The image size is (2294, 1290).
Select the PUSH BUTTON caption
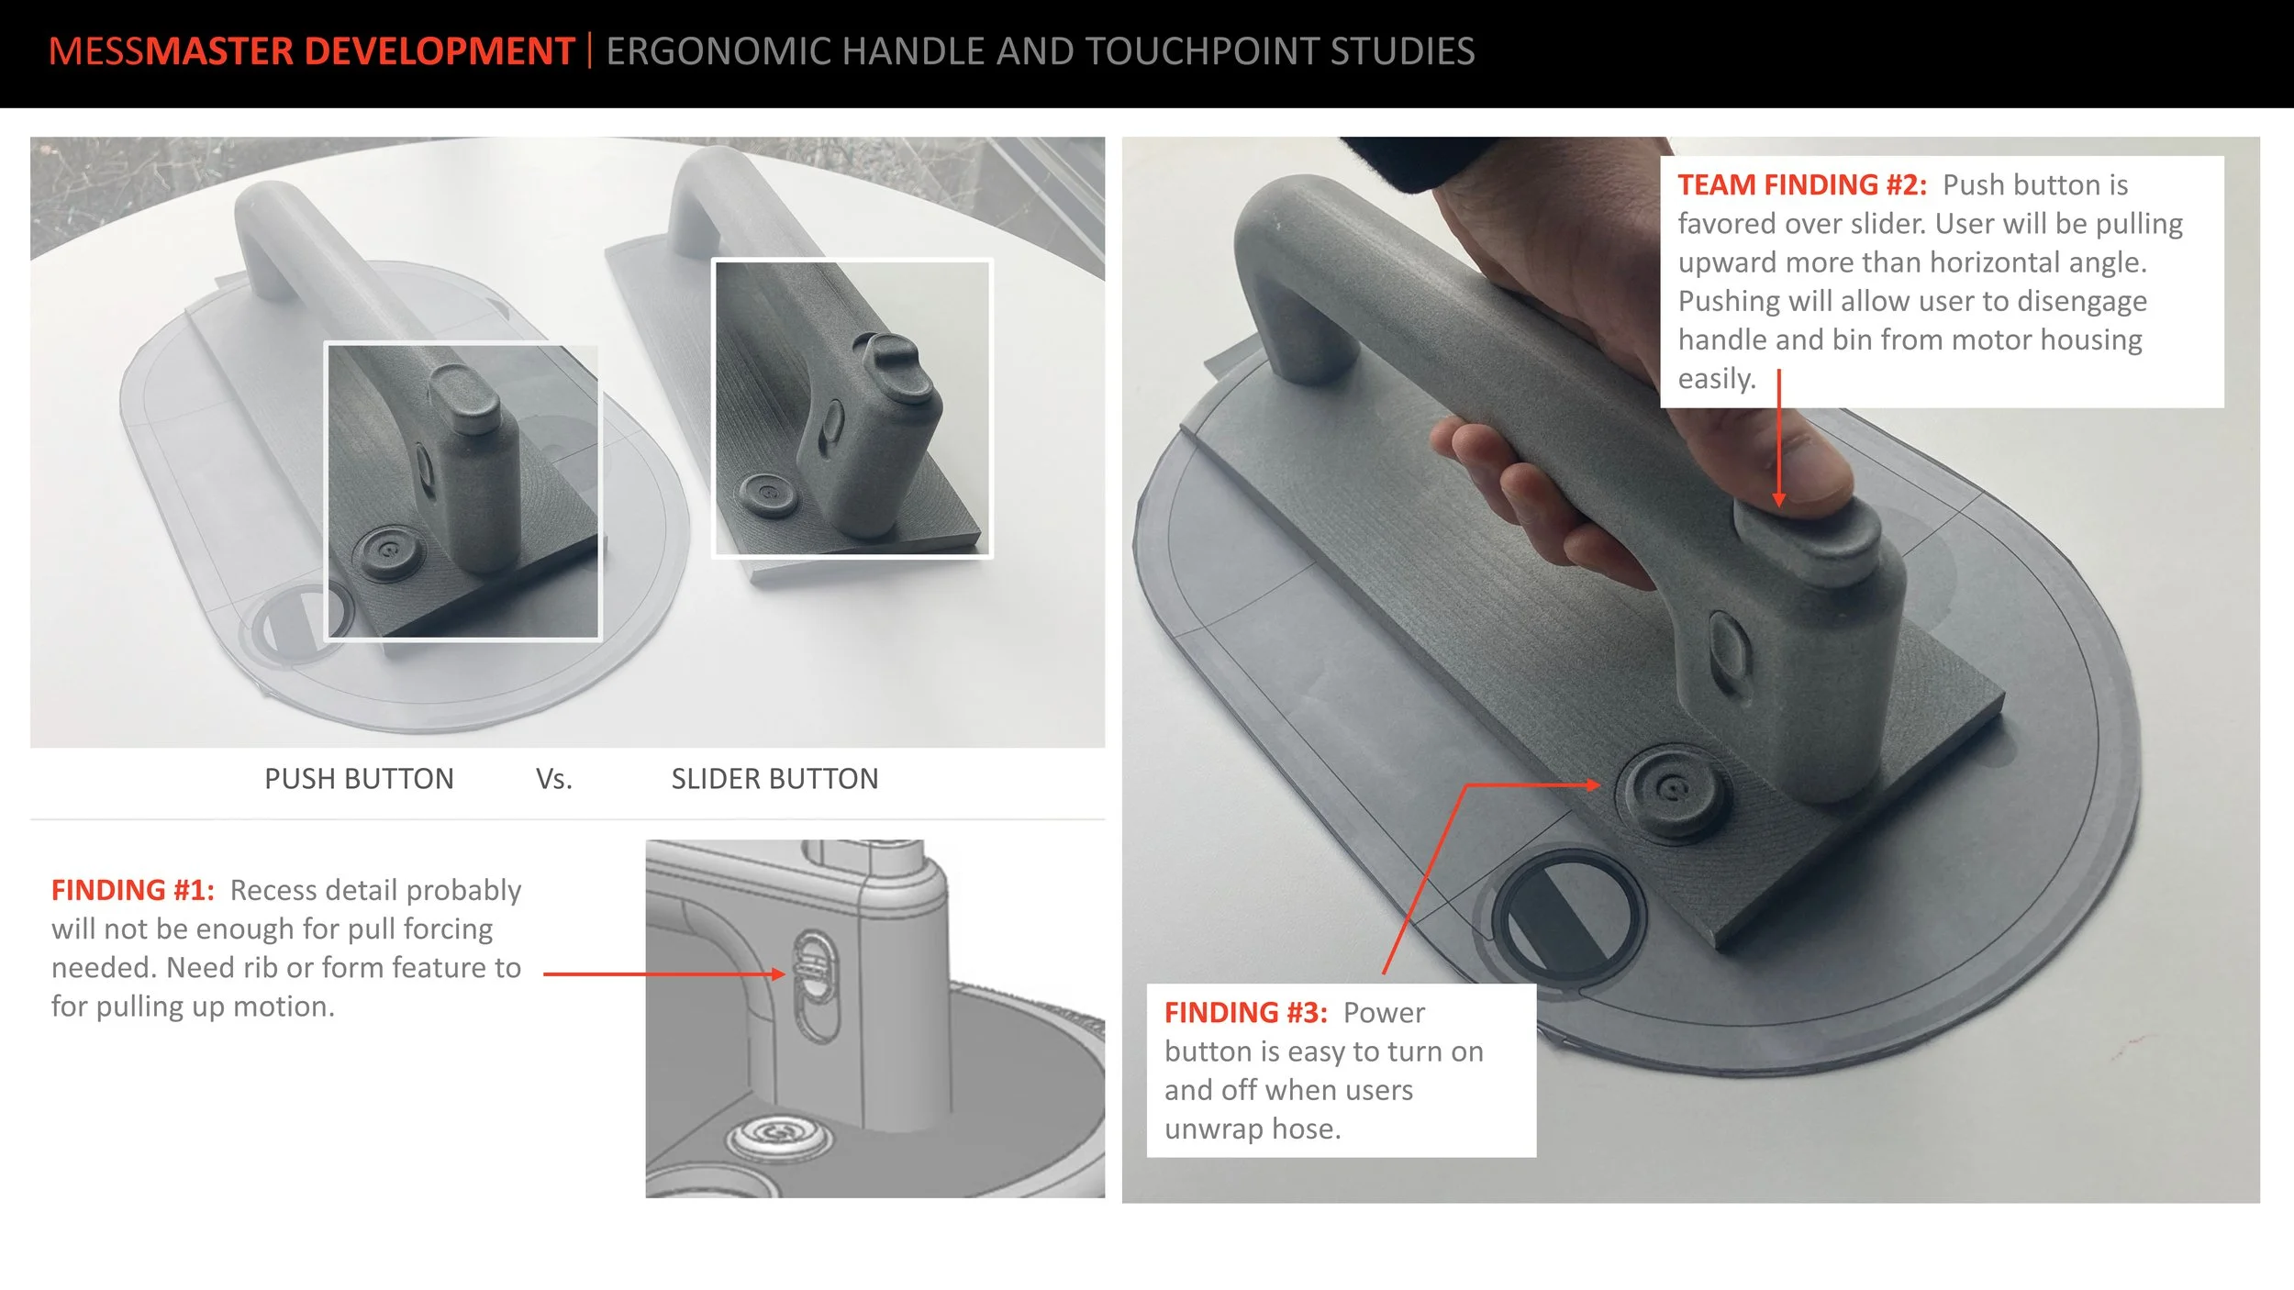coord(359,779)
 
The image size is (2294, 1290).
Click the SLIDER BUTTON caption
coord(774,779)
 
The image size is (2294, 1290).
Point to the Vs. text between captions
coord(553,779)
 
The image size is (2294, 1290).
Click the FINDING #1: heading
coord(133,890)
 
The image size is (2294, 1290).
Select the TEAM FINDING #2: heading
coord(1802,185)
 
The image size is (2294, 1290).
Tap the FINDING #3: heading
coord(1246,1013)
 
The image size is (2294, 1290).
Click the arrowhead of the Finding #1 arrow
coord(779,974)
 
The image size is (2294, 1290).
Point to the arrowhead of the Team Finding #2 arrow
coord(1779,499)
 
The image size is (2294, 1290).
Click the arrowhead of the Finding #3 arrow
coord(1593,785)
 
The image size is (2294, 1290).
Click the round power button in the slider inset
coord(769,495)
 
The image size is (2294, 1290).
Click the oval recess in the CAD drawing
coord(815,985)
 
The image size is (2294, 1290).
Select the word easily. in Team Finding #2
coord(1717,379)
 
